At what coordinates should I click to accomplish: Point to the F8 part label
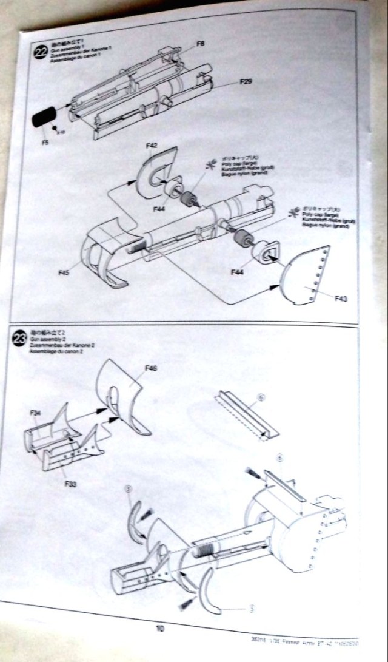pyautogui.click(x=201, y=44)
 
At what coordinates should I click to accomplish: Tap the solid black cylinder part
pyautogui.click(x=44, y=115)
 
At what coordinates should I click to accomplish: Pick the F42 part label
pyautogui.click(x=152, y=146)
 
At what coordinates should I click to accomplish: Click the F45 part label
pyautogui.click(x=64, y=274)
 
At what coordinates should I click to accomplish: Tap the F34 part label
pyautogui.click(x=35, y=413)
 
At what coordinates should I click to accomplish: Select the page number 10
pyautogui.click(x=160, y=629)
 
